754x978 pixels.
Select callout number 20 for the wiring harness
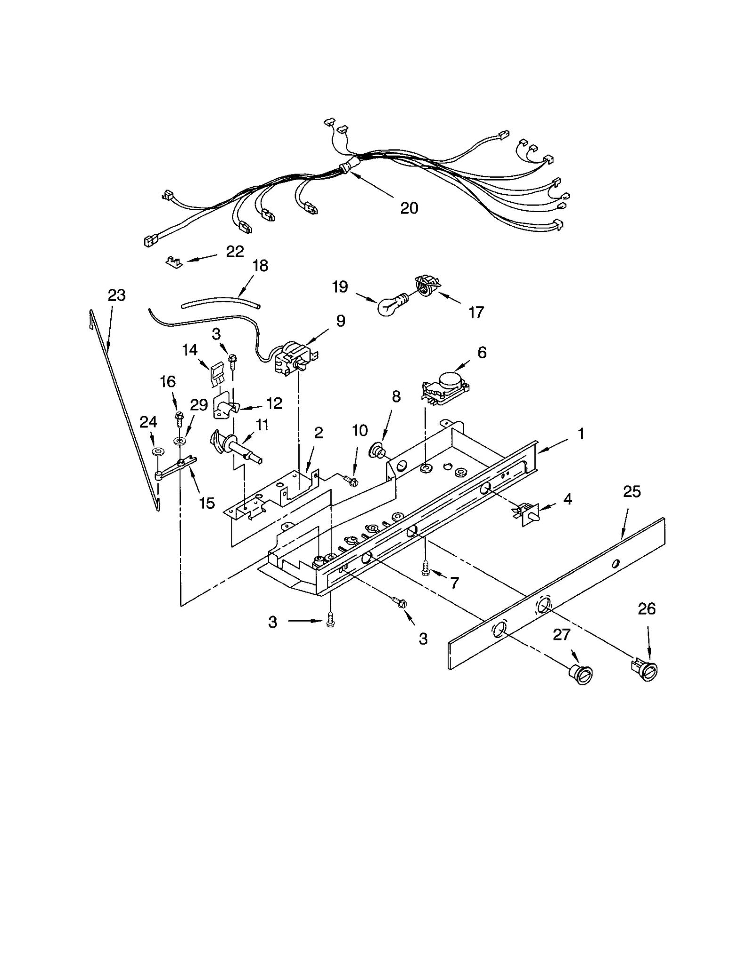pyautogui.click(x=409, y=208)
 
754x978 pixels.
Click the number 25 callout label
pyautogui.click(x=631, y=492)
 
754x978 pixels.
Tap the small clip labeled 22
pyautogui.click(x=174, y=261)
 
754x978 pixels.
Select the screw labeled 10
pyautogui.click(x=351, y=481)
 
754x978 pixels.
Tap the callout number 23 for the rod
pyautogui.click(x=116, y=296)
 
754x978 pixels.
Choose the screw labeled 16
pyautogui.click(x=179, y=417)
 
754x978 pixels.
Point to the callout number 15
pyautogui.click(x=207, y=503)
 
